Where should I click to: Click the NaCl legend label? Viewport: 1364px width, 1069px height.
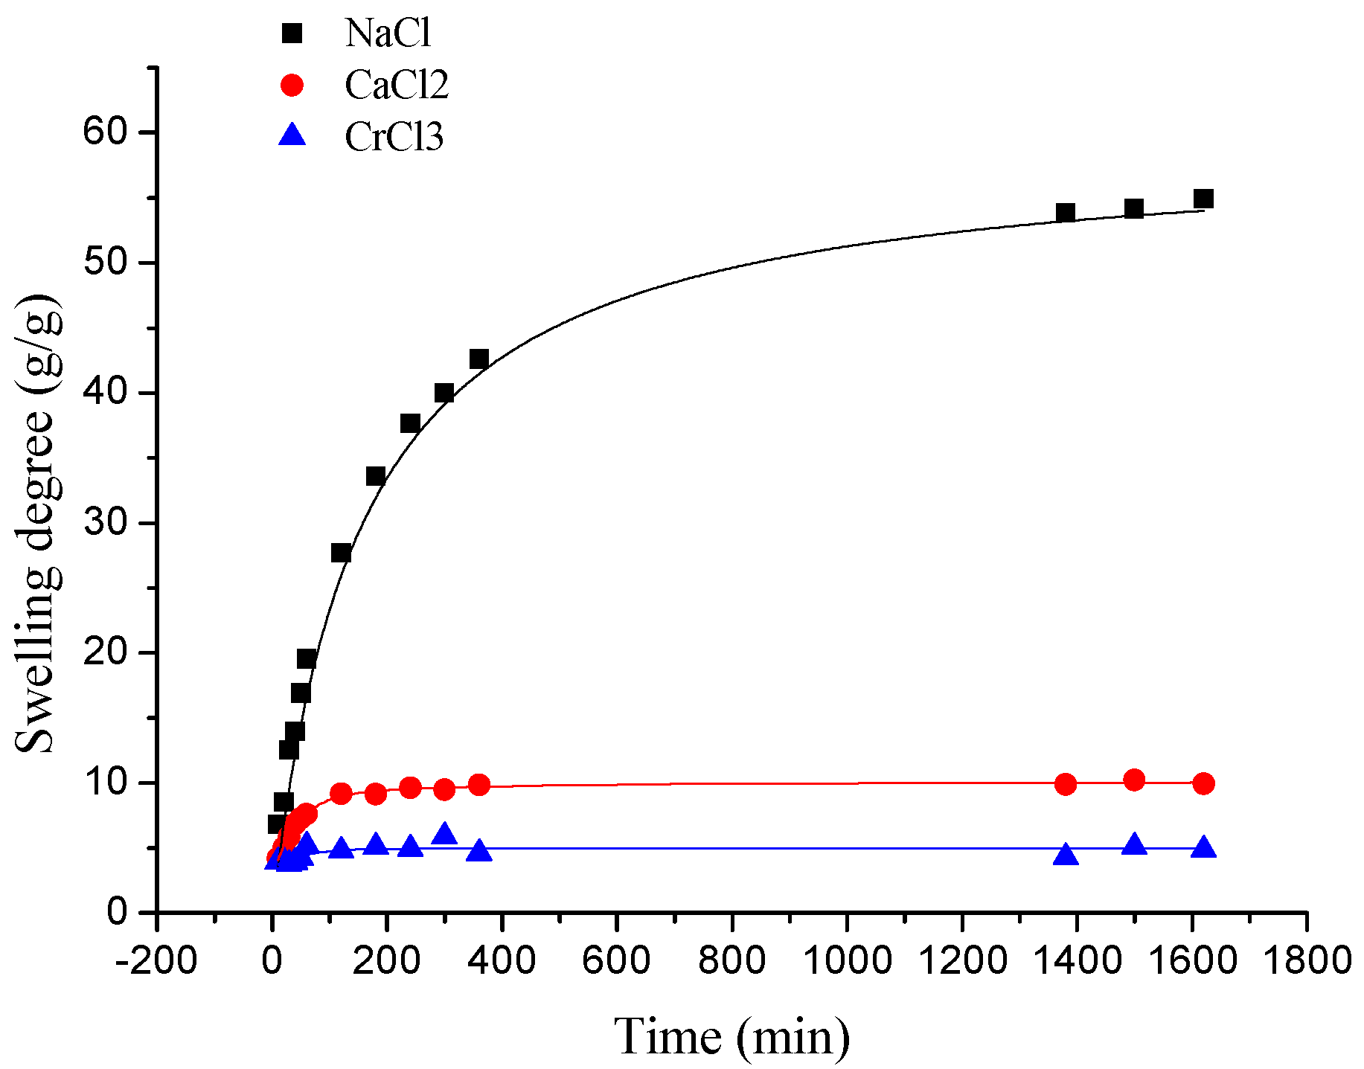click(388, 33)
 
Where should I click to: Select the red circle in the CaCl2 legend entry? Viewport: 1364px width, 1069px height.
click(292, 85)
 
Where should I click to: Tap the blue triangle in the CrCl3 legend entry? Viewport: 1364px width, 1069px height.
click(292, 136)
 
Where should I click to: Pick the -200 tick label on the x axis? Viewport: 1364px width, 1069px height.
click(156, 960)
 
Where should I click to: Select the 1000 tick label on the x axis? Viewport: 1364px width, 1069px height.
click(847, 960)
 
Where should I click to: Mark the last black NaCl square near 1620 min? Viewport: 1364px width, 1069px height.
click(1203, 199)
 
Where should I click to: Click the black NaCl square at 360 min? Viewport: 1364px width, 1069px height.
click(478, 359)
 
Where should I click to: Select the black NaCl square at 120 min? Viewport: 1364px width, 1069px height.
click(341, 553)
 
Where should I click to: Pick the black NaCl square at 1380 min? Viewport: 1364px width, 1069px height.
click(1066, 213)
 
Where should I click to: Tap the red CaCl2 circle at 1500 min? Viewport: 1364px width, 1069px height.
click(1134, 780)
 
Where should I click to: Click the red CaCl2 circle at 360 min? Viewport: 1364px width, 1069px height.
click(478, 785)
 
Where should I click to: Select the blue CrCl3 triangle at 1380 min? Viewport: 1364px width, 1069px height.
click(1066, 855)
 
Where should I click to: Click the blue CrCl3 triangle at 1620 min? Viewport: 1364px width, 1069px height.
click(1203, 848)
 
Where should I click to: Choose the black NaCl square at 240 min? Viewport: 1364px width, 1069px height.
click(410, 423)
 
